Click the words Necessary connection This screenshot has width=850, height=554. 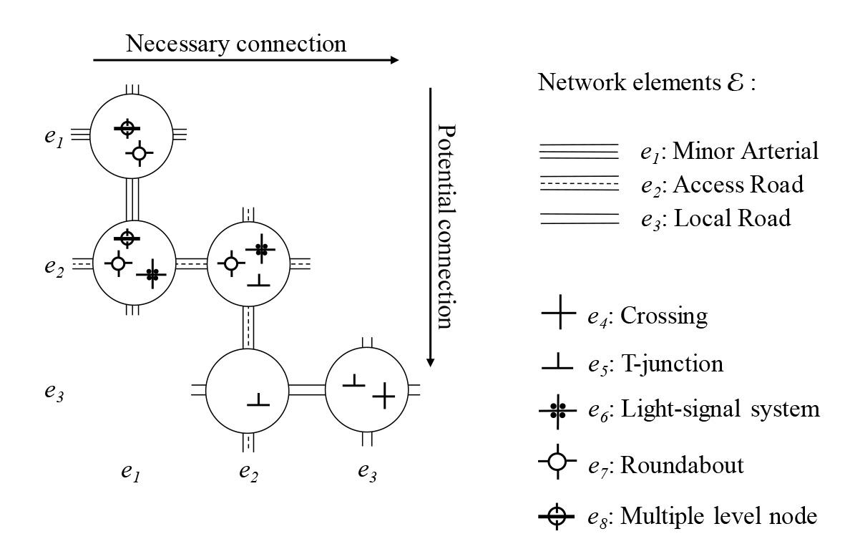point(236,44)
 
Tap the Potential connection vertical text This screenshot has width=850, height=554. point(446,226)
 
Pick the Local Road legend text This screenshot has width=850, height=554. point(715,218)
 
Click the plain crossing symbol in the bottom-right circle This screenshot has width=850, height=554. point(384,394)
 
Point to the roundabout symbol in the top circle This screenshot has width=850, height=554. point(139,153)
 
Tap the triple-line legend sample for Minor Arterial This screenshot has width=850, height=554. point(578,152)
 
